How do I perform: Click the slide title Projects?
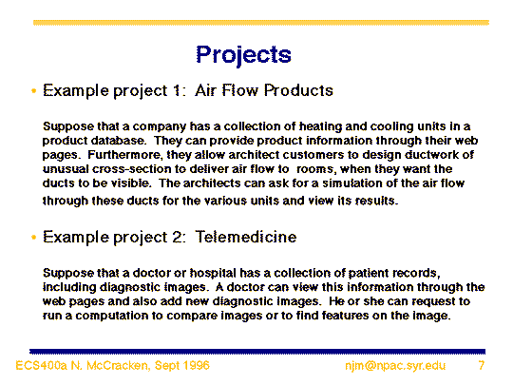click(x=243, y=55)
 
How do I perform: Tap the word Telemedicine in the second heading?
click(x=246, y=237)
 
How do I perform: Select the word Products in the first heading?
click(x=298, y=90)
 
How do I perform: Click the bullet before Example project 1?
click(x=33, y=90)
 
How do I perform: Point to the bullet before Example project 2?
click(x=33, y=237)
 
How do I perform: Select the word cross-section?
click(x=131, y=169)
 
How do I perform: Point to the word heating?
click(x=320, y=126)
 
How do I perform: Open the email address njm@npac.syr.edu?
click(x=395, y=365)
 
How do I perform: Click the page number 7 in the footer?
click(x=482, y=365)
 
